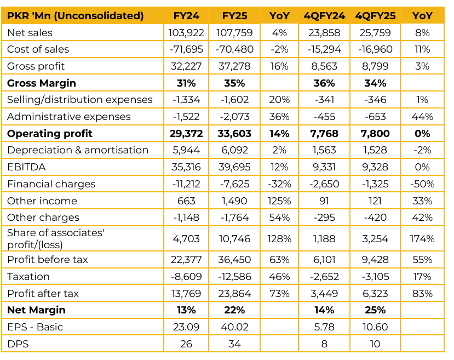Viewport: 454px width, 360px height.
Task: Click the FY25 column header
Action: (234, 16)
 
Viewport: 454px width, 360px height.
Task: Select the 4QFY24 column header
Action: (324, 16)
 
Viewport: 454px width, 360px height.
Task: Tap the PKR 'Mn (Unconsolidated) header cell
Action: (76, 16)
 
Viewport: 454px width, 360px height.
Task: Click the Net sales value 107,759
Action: (234, 33)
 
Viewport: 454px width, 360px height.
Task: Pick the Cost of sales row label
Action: (38, 49)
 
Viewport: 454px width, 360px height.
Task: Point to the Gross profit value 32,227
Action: (187, 66)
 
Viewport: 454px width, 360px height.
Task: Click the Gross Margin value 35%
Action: (234, 83)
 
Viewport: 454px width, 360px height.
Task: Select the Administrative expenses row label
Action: (69, 117)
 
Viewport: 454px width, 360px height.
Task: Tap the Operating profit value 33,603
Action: (234, 134)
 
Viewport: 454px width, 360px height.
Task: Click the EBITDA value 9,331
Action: (324, 167)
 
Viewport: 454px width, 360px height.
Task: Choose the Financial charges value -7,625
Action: (234, 184)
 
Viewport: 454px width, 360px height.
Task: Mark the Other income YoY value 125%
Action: (279, 201)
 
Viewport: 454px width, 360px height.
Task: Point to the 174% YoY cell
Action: (422, 239)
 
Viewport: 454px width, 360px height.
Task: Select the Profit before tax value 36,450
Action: (234, 260)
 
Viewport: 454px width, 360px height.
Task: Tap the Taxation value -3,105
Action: (375, 277)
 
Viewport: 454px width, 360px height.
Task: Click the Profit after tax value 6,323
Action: (375, 294)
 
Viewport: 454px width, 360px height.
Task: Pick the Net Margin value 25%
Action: (375, 310)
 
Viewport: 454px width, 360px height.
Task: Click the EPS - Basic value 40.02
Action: (234, 327)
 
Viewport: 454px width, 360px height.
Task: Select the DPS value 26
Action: (187, 344)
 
